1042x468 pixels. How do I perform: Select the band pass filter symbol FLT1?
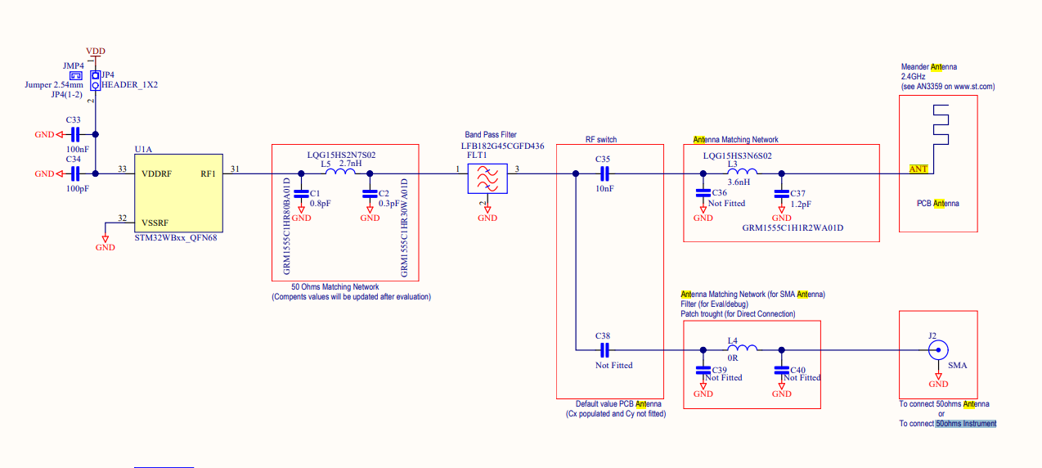pyautogui.click(x=487, y=178)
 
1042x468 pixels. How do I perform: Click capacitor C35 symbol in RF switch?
pyautogui.click(x=604, y=173)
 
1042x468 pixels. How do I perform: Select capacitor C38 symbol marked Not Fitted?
pyautogui.click(x=604, y=351)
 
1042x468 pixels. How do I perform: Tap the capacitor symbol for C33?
pyautogui.click(x=74, y=134)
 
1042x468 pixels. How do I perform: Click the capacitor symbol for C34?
pyautogui.click(x=74, y=173)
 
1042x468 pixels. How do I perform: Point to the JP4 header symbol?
pyautogui.click(x=96, y=80)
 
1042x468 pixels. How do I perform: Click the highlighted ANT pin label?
pyautogui.click(x=918, y=169)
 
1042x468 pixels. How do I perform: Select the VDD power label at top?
pyautogui.click(x=96, y=51)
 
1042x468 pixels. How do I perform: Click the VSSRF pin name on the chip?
pyautogui.click(x=156, y=222)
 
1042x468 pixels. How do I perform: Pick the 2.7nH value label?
pyautogui.click(x=351, y=164)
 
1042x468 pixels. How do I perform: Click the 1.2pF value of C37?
pyautogui.click(x=801, y=204)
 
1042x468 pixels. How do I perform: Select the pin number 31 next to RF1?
pyautogui.click(x=236, y=169)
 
